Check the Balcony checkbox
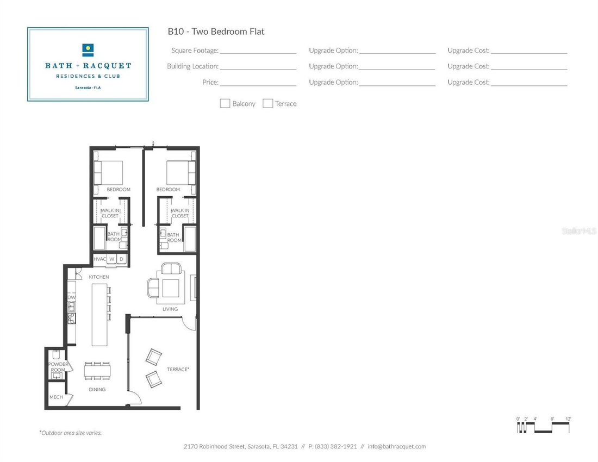(225, 104)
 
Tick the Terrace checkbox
(267, 104)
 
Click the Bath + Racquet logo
(88, 65)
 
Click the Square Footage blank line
(258, 51)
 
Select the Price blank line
(258, 83)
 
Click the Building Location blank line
(258, 66)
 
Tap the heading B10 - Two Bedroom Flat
(216, 32)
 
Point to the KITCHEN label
(99, 277)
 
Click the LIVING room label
(170, 309)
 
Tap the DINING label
(97, 390)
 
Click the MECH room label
(56, 397)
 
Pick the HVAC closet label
(99, 259)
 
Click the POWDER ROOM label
(58, 367)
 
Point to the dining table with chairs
(97, 371)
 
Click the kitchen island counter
(99, 315)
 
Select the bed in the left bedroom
(108, 173)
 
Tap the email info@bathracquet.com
(397, 447)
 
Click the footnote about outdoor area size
(71, 433)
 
